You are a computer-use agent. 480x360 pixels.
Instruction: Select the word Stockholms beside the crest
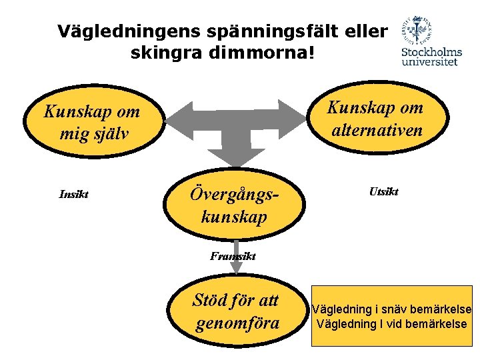click(x=431, y=53)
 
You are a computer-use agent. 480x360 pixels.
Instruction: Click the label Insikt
click(x=74, y=195)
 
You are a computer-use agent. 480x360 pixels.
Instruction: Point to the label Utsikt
click(x=383, y=192)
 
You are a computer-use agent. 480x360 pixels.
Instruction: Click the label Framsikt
click(x=233, y=256)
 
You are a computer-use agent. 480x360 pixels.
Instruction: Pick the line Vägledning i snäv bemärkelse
click(x=391, y=309)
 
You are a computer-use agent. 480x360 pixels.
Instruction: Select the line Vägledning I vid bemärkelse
click(x=391, y=325)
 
